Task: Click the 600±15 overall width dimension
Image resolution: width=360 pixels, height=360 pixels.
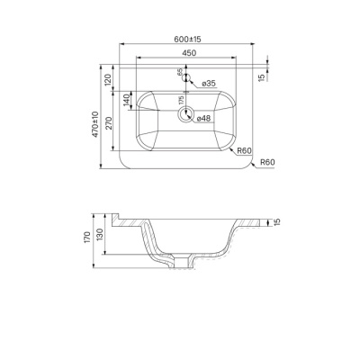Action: (x=187, y=39)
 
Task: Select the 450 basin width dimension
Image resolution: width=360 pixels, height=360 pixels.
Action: (x=189, y=53)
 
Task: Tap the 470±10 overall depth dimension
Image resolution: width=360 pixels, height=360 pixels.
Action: (x=95, y=124)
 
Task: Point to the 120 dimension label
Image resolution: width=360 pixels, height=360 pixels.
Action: (x=108, y=78)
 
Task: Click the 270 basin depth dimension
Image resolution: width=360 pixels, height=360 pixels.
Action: (x=108, y=123)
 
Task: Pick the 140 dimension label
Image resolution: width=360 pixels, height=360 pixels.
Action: (x=126, y=100)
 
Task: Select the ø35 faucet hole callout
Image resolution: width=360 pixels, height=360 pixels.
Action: (x=209, y=84)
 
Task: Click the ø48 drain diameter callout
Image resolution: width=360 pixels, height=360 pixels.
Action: (x=203, y=119)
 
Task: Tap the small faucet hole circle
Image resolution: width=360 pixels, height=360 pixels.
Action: (x=186, y=77)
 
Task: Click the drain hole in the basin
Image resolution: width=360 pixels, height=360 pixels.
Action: (x=186, y=114)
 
